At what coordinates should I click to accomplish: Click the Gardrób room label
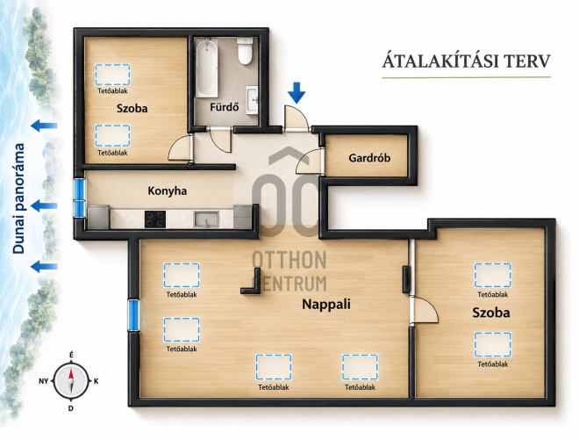pos(369,158)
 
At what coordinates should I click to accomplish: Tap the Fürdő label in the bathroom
pos(224,107)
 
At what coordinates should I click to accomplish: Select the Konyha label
pos(168,191)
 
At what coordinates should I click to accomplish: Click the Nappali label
pos(326,305)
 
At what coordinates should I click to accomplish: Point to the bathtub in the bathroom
pos(206,68)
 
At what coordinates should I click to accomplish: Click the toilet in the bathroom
pos(245,51)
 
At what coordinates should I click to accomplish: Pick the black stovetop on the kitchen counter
pos(155,219)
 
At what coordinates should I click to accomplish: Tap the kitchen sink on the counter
pos(206,219)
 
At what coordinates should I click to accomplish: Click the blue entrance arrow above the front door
pos(297,92)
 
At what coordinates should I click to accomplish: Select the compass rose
pos(71,381)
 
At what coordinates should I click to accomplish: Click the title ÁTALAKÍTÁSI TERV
pos(467,61)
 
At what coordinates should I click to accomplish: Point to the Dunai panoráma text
pos(18,198)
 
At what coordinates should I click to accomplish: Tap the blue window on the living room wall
pos(133,315)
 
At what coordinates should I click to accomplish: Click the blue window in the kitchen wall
pos(79,198)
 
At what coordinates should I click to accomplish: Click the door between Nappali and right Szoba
pos(424,311)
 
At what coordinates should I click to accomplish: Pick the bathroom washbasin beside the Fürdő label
pos(252,100)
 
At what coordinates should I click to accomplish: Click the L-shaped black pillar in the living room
pos(252,282)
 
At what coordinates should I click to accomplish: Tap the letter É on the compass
pos(71,355)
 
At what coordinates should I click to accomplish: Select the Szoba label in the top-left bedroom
pos(132,108)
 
